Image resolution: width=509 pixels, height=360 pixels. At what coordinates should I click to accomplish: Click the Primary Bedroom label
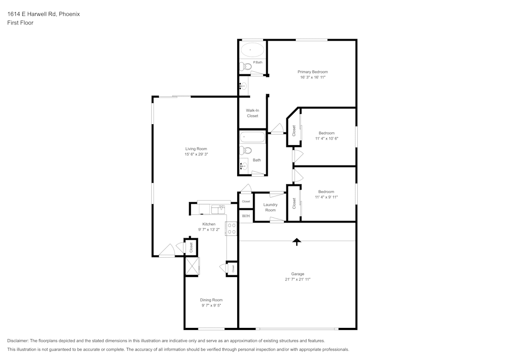(313, 72)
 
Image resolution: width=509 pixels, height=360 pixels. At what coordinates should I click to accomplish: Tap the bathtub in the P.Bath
(252, 50)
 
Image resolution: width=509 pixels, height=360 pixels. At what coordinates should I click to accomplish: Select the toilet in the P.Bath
(247, 66)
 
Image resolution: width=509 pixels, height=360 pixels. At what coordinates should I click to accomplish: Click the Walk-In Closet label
(252, 113)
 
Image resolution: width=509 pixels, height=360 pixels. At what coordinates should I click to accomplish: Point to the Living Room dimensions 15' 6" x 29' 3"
(196, 154)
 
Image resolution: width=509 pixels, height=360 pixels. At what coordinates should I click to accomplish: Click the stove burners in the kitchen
(231, 229)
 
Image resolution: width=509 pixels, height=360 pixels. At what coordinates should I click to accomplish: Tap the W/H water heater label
(246, 216)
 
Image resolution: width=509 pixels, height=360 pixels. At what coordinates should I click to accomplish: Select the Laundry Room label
(270, 207)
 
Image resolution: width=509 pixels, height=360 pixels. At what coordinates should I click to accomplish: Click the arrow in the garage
(296, 242)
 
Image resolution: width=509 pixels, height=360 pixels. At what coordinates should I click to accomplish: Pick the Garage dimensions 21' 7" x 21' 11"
(298, 280)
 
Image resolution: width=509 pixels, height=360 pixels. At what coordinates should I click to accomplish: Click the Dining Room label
(211, 300)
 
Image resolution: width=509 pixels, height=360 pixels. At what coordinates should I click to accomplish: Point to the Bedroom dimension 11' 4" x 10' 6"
(326, 139)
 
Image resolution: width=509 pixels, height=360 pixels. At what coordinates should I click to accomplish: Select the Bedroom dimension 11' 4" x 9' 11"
(326, 197)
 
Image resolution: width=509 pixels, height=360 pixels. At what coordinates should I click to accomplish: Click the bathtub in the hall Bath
(252, 137)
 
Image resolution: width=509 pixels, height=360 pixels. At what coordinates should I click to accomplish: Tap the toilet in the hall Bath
(246, 150)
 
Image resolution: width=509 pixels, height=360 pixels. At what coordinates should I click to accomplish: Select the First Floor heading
(20, 23)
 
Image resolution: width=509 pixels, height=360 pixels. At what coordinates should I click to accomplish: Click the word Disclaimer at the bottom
(18, 341)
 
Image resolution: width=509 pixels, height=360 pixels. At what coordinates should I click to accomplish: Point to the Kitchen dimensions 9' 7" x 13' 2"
(209, 230)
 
